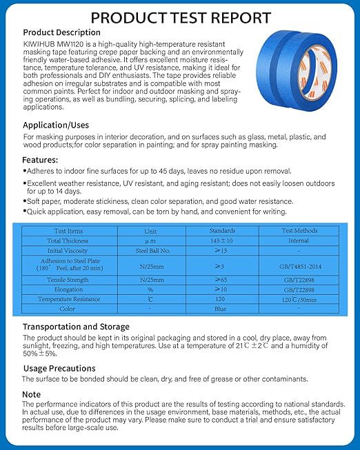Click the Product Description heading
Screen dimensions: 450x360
[61, 32]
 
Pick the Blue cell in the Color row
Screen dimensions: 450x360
[221, 309]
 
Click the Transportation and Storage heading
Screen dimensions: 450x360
[76, 327]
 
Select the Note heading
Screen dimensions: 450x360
[32, 393]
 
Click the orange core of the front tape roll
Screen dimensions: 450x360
[319, 78]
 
